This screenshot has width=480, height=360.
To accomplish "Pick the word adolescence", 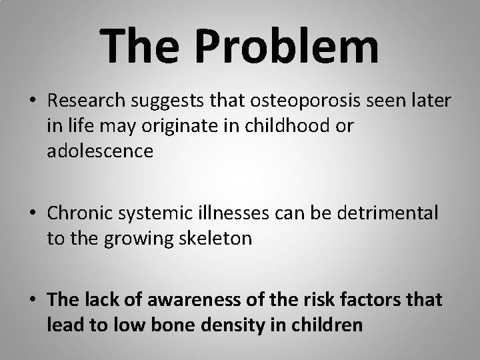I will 100,151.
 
